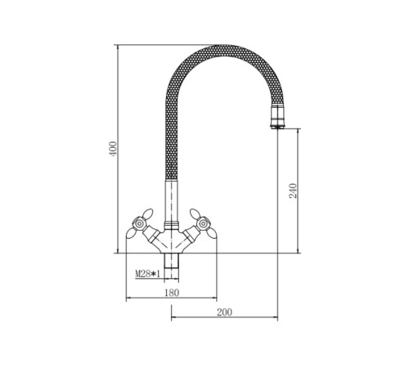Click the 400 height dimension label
coord(113,149)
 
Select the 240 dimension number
coord(293,191)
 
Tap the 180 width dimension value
coord(172,293)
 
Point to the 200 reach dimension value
coord(224,312)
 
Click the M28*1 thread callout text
coord(147,274)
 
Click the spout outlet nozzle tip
coord(278,117)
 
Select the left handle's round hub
coord(139,224)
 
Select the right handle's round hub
coord(203,224)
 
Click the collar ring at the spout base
coord(172,226)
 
